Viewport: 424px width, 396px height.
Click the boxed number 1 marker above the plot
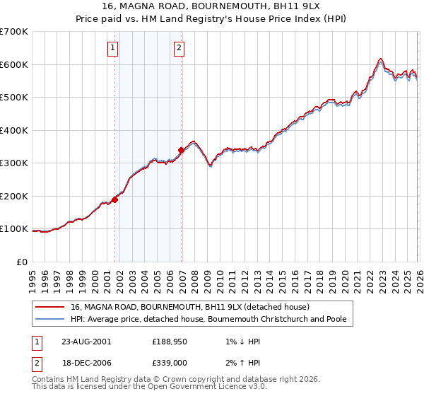click(x=113, y=48)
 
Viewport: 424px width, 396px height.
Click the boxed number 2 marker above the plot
click(x=179, y=48)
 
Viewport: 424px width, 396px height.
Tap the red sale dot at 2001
click(x=115, y=199)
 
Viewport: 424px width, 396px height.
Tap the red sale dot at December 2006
click(x=182, y=150)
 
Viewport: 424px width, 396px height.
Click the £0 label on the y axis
click(x=23, y=262)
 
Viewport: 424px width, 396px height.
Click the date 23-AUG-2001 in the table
click(x=86, y=341)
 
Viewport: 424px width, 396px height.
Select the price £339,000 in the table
click(x=169, y=362)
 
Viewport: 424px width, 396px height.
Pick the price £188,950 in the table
click(x=169, y=341)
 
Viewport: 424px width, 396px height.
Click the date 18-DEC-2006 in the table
click(x=86, y=362)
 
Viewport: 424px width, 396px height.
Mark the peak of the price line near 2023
click(x=380, y=59)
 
